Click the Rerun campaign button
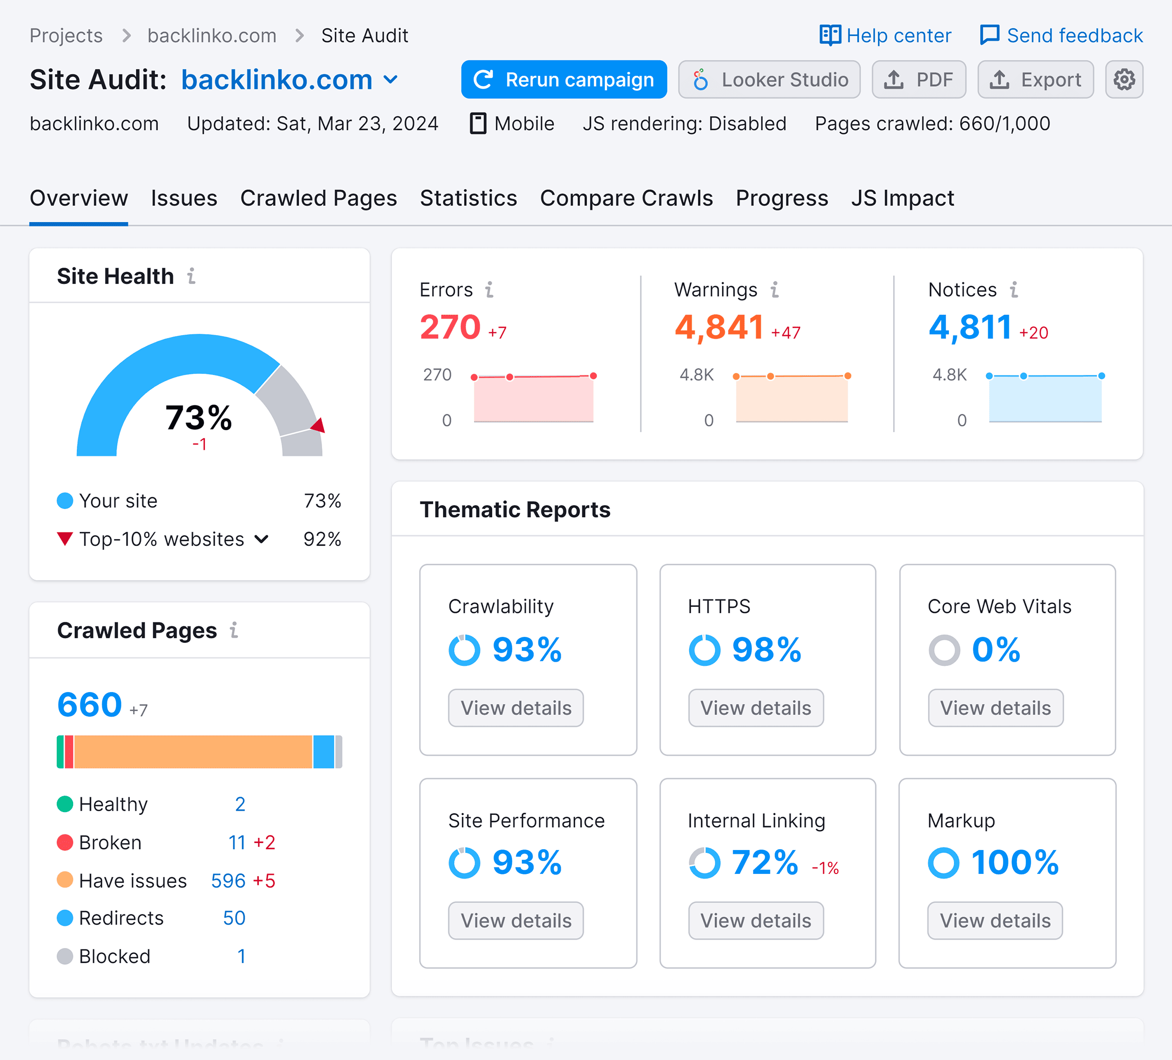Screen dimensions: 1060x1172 (563, 80)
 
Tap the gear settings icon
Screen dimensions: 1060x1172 (1124, 80)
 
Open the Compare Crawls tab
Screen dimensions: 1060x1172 (626, 199)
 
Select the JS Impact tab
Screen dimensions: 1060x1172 (902, 199)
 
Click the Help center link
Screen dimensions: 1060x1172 (886, 36)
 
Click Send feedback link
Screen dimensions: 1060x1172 (1061, 36)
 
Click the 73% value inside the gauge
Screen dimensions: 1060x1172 (198, 417)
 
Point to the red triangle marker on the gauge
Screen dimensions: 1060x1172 (319, 425)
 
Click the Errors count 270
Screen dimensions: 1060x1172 (450, 327)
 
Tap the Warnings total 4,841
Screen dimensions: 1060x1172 (719, 327)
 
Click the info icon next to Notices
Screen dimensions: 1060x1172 (1014, 290)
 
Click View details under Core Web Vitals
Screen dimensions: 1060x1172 (995, 708)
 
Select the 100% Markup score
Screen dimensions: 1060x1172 (1014, 862)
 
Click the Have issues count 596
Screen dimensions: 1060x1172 (228, 881)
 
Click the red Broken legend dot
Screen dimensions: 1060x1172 (65, 843)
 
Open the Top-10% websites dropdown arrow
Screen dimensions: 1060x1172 (262, 539)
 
